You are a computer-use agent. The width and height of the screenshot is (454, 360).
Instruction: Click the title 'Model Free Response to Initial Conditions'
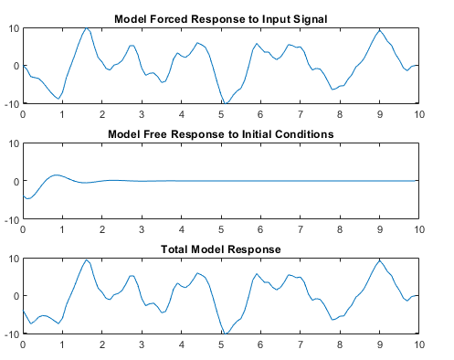[221, 134]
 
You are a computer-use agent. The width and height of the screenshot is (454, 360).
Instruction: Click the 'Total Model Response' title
[220, 249]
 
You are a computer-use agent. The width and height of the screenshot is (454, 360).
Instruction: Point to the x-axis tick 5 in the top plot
[221, 114]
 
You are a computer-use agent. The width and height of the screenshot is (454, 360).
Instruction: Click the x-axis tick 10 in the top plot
[418, 114]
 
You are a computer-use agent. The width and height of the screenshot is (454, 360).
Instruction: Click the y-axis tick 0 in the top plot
[15, 66]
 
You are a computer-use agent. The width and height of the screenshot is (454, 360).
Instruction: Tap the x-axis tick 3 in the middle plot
[142, 229]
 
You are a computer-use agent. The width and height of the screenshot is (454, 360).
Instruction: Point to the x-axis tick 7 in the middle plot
[301, 229]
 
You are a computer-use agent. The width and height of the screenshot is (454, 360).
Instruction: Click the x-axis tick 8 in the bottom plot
[340, 344]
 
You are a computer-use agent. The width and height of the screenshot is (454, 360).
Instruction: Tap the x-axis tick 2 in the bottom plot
[101, 344]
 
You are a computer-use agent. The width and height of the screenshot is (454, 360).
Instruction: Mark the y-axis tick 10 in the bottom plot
[12, 259]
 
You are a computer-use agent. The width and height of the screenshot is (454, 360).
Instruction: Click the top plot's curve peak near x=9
[379, 31]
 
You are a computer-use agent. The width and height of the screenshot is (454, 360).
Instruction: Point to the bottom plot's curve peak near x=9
[379, 260]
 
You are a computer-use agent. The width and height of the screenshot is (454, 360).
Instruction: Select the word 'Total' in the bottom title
[175, 249]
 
